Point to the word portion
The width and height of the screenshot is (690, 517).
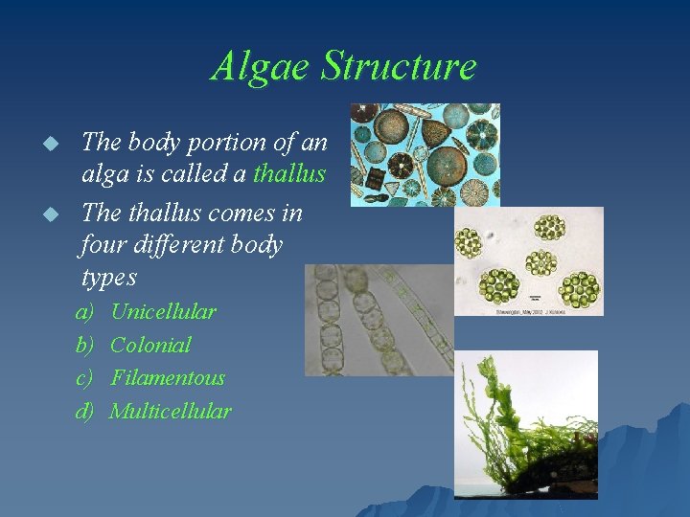(x=232, y=143)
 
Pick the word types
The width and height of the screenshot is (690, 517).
(x=108, y=279)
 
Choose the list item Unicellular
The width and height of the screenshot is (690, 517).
(x=163, y=311)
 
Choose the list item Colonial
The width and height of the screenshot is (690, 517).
(x=150, y=345)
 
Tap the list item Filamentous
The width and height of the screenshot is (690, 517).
(x=167, y=378)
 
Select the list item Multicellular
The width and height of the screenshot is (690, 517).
(x=170, y=412)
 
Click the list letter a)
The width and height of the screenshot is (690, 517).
(x=85, y=311)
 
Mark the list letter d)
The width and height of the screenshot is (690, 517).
(x=85, y=412)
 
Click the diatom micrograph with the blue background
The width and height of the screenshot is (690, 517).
(x=424, y=154)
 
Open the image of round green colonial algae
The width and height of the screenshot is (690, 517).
(x=528, y=260)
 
